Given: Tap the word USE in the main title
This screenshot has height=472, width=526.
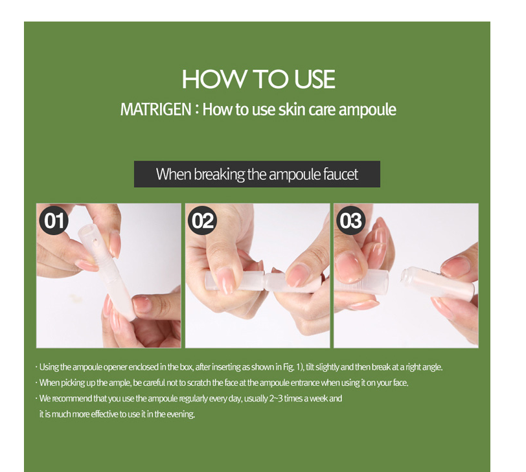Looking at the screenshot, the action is pyautogui.click(x=314, y=79).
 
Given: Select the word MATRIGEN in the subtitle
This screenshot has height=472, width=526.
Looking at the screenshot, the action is pyautogui.click(x=155, y=109).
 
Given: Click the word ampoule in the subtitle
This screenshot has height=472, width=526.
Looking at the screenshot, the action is pyautogui.click(x=367, y=110).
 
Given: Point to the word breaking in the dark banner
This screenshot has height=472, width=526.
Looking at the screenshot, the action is pyautogui.click(x=219, y=175).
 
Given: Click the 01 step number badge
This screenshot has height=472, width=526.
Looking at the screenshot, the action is pyautogui.click(x=54, y=221).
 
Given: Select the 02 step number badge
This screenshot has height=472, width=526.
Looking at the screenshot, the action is pyautogui.click(x=202, y=221).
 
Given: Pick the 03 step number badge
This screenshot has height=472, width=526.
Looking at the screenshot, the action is pyautogui.click(x=351, y=221).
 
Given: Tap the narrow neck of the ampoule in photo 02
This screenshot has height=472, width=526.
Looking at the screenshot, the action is pyautogui.click(x=266, y=281).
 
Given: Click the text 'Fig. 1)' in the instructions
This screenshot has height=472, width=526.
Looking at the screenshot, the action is pyautogui.click(x=293, y=367).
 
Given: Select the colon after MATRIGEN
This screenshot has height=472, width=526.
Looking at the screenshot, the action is pyautogui.click(x=197, y=110).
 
